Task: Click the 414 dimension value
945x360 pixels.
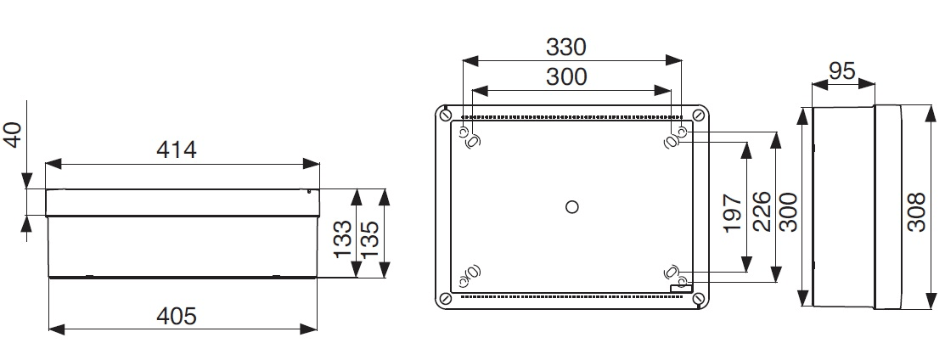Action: [177, 150]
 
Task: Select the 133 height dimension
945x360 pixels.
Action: [342, 240]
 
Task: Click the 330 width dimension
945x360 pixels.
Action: [565, 47]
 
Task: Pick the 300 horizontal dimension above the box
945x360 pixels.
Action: [565, 76]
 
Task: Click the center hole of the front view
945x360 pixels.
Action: [571, 205]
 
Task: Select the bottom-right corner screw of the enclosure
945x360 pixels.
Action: [697, 298]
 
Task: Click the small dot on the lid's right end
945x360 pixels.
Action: [309, 192]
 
